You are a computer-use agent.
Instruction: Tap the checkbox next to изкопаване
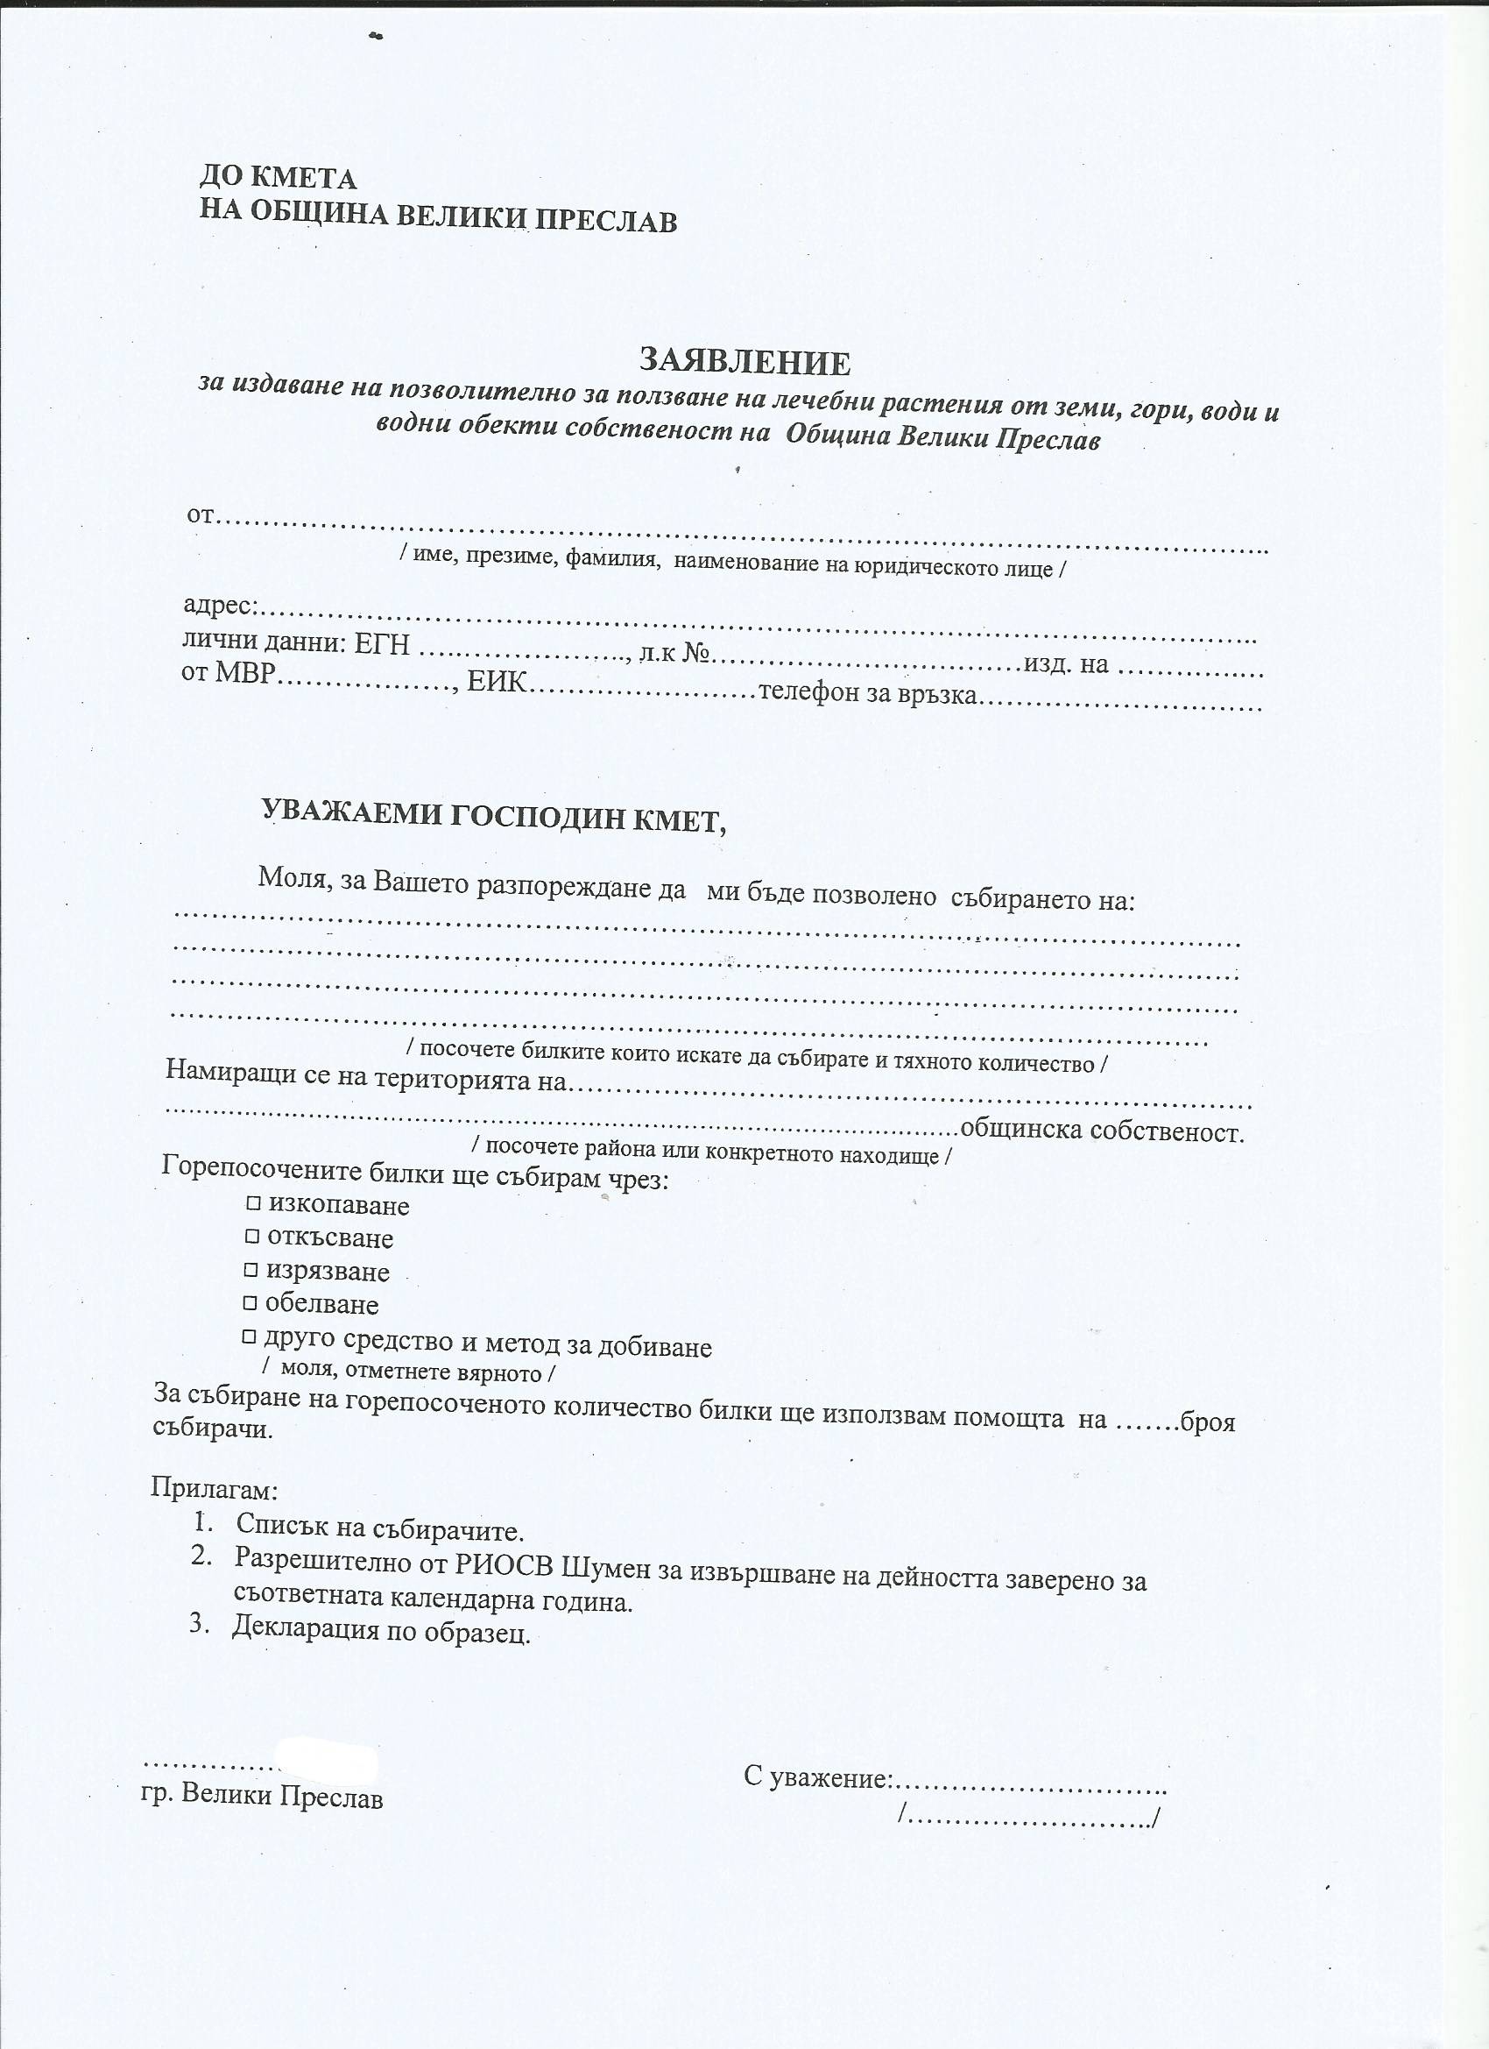click(253, 1203)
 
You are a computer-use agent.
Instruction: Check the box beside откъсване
click(252, 1236)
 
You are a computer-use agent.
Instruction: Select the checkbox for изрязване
click(251, 1269)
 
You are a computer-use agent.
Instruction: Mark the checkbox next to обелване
click(251, 1303)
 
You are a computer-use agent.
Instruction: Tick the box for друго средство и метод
click(250, 1336)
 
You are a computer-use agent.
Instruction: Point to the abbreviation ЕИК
click(496, 681)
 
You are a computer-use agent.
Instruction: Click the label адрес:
click(222, 605)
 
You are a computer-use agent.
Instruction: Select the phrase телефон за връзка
click(869, 694)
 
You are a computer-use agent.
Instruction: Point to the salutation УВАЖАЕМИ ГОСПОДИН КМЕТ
click(494, 817)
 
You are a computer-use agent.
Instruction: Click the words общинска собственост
click(1102, 1131)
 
